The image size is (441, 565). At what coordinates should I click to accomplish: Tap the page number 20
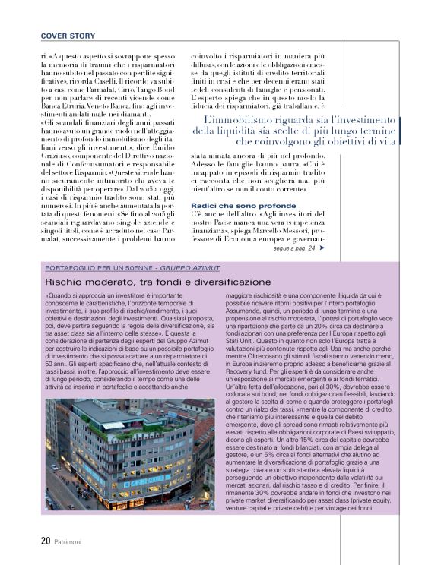46,541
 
